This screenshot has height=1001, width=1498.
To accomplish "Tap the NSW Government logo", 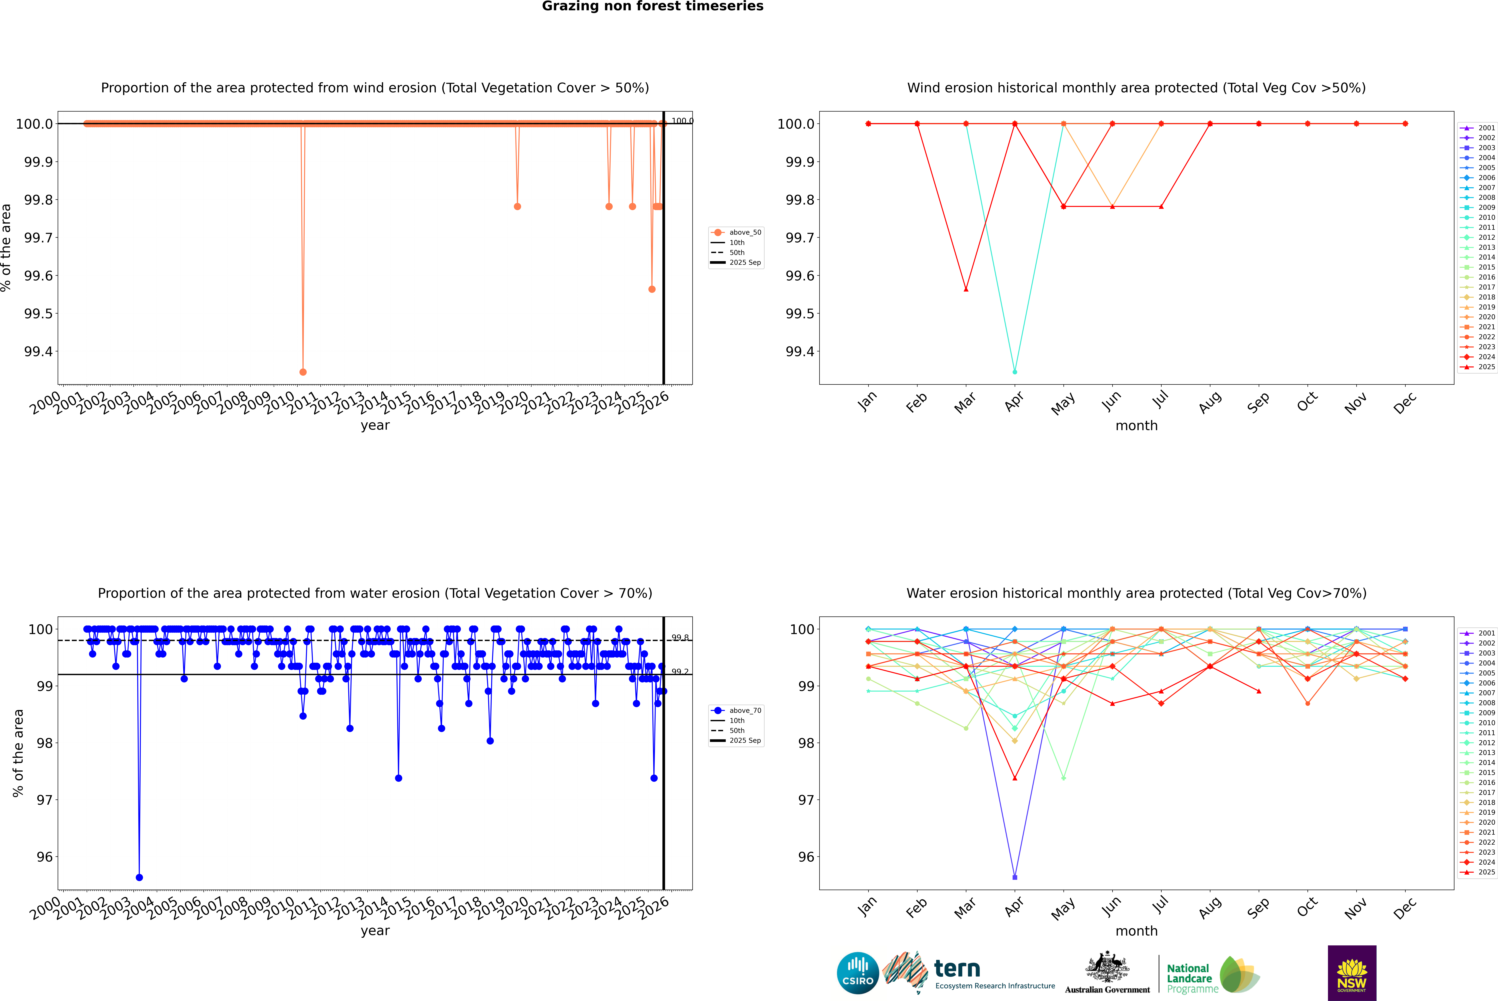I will [x=1352, y=973].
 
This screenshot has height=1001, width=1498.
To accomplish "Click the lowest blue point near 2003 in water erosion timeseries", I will [x=139, y=877].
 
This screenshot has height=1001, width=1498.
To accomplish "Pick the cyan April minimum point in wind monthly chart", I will [x=1015, y=372].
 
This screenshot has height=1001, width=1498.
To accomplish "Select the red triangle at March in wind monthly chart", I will [x=965, y=289].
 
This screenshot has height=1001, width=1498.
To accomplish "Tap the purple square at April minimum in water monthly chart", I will [x=1015, y=877].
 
